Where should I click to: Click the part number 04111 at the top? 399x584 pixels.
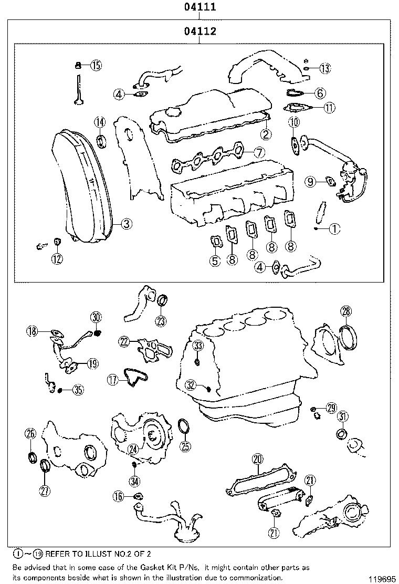pyautogui.click(x=200, y=7)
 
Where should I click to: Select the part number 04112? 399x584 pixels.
pyautogui.click(x=200, y=32)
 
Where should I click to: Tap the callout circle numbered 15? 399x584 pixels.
pyautogui.click(x=96, y=65)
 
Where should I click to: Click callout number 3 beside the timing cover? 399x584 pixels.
pyautogui.click(x=126, y=224)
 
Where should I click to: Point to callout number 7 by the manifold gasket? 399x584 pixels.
pyautogui.click(x=259, y=152)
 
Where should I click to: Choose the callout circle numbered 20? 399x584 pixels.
pyautogui.click(x=257, y=460)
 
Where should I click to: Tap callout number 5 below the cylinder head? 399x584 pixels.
pyautogui.click(x=215, y=260)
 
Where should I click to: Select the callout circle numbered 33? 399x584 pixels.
pyautogui.click(x=197, y=345)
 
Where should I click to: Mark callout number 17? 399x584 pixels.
pyautogui.click(x=112, y=380)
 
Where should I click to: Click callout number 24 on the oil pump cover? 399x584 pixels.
pyautogui.click(x=133, y=449)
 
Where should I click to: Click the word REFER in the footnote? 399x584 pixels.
pyautogui.click(x=58, y=554)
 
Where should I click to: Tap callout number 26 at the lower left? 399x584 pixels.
pyautogui.click(x=30, y=433)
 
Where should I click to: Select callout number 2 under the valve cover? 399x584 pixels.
pyautogui.click(x=267, y=134)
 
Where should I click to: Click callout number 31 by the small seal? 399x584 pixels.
pyautogui.click(x=342, y=417)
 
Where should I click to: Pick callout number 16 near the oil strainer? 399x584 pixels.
pyautogui.click(x=118, y=496)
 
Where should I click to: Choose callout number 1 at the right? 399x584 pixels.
pyautogui.click(x=335, y=228)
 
